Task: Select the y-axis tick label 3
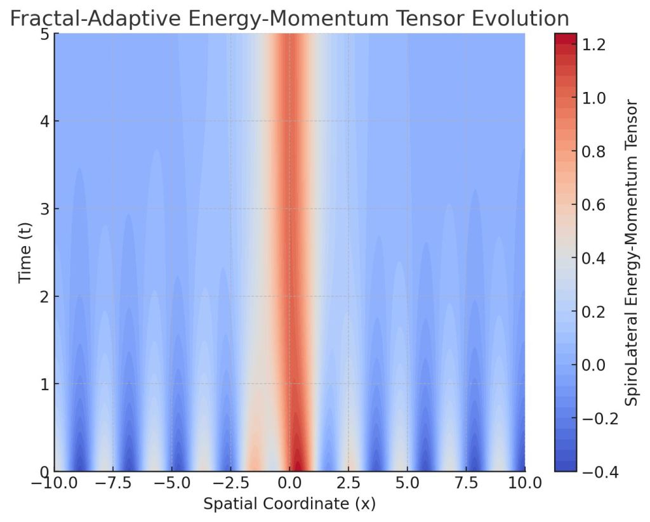[x=44, y=209]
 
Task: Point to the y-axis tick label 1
[x=44, y=384]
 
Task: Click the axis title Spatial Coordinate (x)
[x=289, y=506]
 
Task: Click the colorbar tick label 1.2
[x=593, y=45]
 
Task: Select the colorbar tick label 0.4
[x=593, y=259]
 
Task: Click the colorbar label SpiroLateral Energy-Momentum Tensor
[x=632, y=252]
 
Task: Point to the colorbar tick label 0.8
[x=593, y=152]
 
